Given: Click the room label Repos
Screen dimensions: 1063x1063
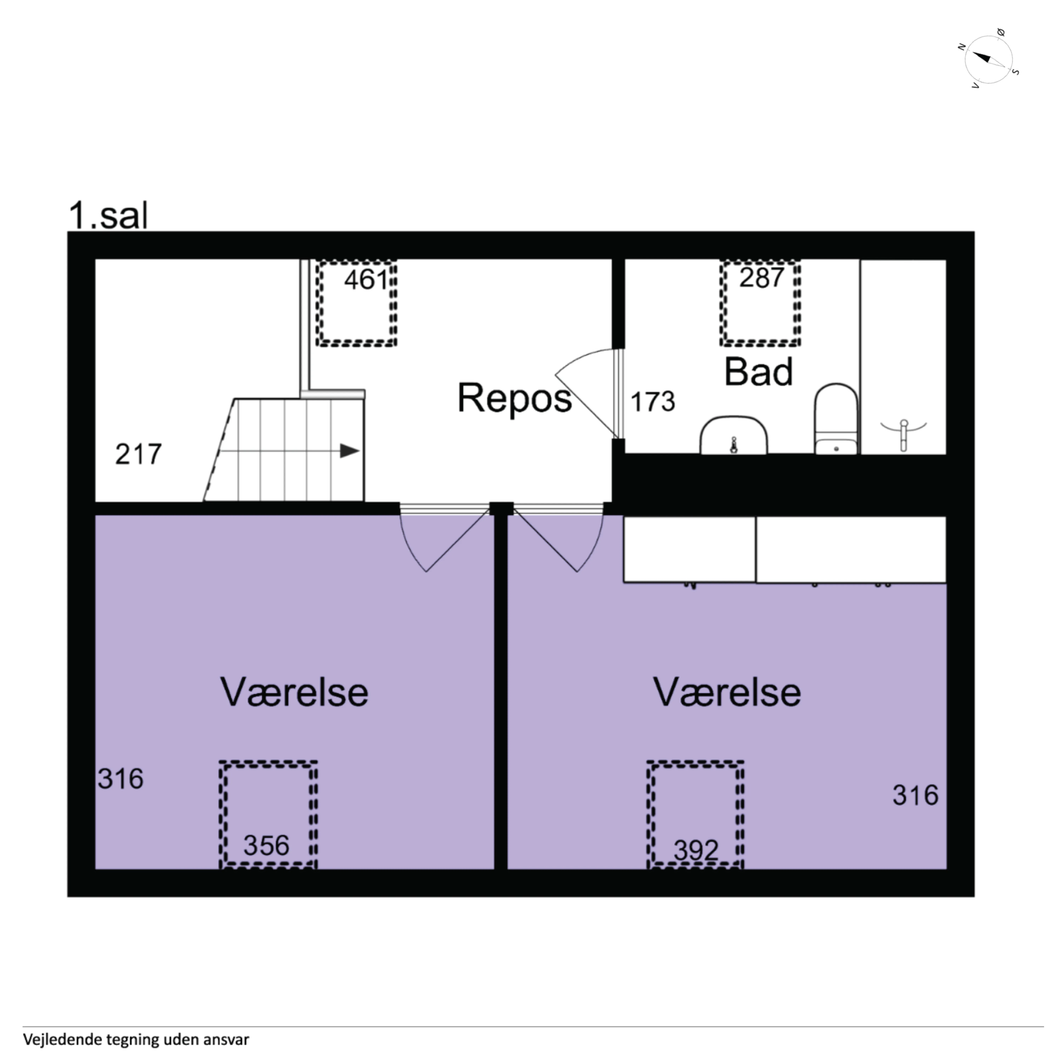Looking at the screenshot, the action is click(514, 398).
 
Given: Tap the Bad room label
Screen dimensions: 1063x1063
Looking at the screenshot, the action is click(758, 372).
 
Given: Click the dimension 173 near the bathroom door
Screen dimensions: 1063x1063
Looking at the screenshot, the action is click(652, 402).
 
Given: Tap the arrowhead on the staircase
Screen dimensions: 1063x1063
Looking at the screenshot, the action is click(350, 451).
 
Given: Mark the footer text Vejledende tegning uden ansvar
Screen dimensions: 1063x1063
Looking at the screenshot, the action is click(136, 1039).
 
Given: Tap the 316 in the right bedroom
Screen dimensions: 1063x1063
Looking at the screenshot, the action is click(915, 795).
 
